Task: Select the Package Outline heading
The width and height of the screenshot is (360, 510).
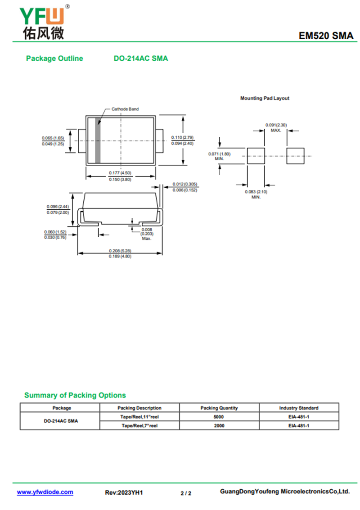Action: [x=54, y=59]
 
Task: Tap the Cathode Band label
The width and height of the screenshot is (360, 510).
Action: [x=125, y=109]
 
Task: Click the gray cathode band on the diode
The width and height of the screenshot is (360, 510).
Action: [x=98, y=140]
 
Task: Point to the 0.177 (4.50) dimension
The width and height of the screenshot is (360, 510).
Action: [x=120, y=173]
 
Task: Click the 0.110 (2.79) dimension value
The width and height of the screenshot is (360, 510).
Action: [x=182, y=137]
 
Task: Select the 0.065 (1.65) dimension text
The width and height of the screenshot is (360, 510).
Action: [x=53, y=138]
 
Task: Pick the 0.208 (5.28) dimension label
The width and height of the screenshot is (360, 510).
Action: [x=120, y=251]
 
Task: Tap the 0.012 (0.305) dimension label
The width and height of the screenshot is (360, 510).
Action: [x=185, y=184]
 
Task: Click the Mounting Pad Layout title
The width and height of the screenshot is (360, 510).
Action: [x=265, y=98]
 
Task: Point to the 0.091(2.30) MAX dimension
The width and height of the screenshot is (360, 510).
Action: [x=276, y=125]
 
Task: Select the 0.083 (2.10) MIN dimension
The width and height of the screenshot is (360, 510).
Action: [x=256, y=192]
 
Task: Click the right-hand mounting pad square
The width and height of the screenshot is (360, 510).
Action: [x=296, y=156]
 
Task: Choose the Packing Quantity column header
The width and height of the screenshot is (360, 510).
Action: [x=219, y=408]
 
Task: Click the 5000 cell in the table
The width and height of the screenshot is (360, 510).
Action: [x=219, y=417]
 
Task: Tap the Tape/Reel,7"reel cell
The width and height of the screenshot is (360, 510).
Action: [x=139, y=425]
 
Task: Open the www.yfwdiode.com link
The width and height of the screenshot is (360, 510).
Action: [x=45, y=492]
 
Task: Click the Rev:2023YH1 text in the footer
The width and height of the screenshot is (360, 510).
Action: [x=124, y=493]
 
